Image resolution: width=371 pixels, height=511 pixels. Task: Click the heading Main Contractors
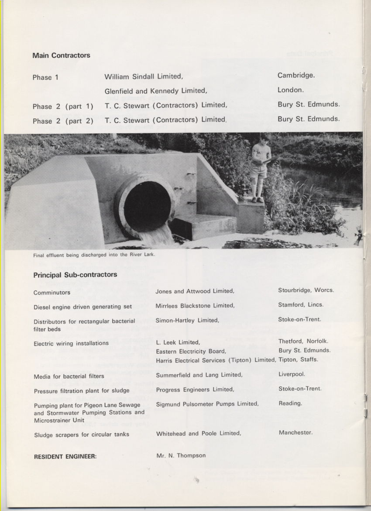coord(61,55)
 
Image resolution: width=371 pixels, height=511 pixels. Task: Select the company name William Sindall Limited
coord(144,76)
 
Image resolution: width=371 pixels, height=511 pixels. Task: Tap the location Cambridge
coord(296,75)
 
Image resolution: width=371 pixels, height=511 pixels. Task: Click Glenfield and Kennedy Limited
coord(155,91)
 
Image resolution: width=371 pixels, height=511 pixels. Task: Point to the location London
coord(290,90)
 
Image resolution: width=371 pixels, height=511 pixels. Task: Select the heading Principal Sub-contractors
coord(75,275)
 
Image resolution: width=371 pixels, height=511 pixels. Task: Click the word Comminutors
coord(52,292)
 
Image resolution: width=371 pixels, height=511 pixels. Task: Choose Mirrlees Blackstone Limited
coord(195,306)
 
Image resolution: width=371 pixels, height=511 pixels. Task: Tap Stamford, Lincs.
coord(301,305)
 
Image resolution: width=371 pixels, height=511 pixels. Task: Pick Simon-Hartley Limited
coord(187,320)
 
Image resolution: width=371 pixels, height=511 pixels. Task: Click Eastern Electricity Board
coord(191,351)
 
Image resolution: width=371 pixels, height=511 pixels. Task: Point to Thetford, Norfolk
coord(303,341)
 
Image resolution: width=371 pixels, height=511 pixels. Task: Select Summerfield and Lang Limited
coord(199,375)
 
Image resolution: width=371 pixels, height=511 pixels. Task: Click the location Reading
coord(290,403)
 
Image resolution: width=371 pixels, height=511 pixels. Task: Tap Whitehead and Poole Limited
coord(198,433)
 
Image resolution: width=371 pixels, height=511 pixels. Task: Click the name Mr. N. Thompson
coord(181,456)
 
